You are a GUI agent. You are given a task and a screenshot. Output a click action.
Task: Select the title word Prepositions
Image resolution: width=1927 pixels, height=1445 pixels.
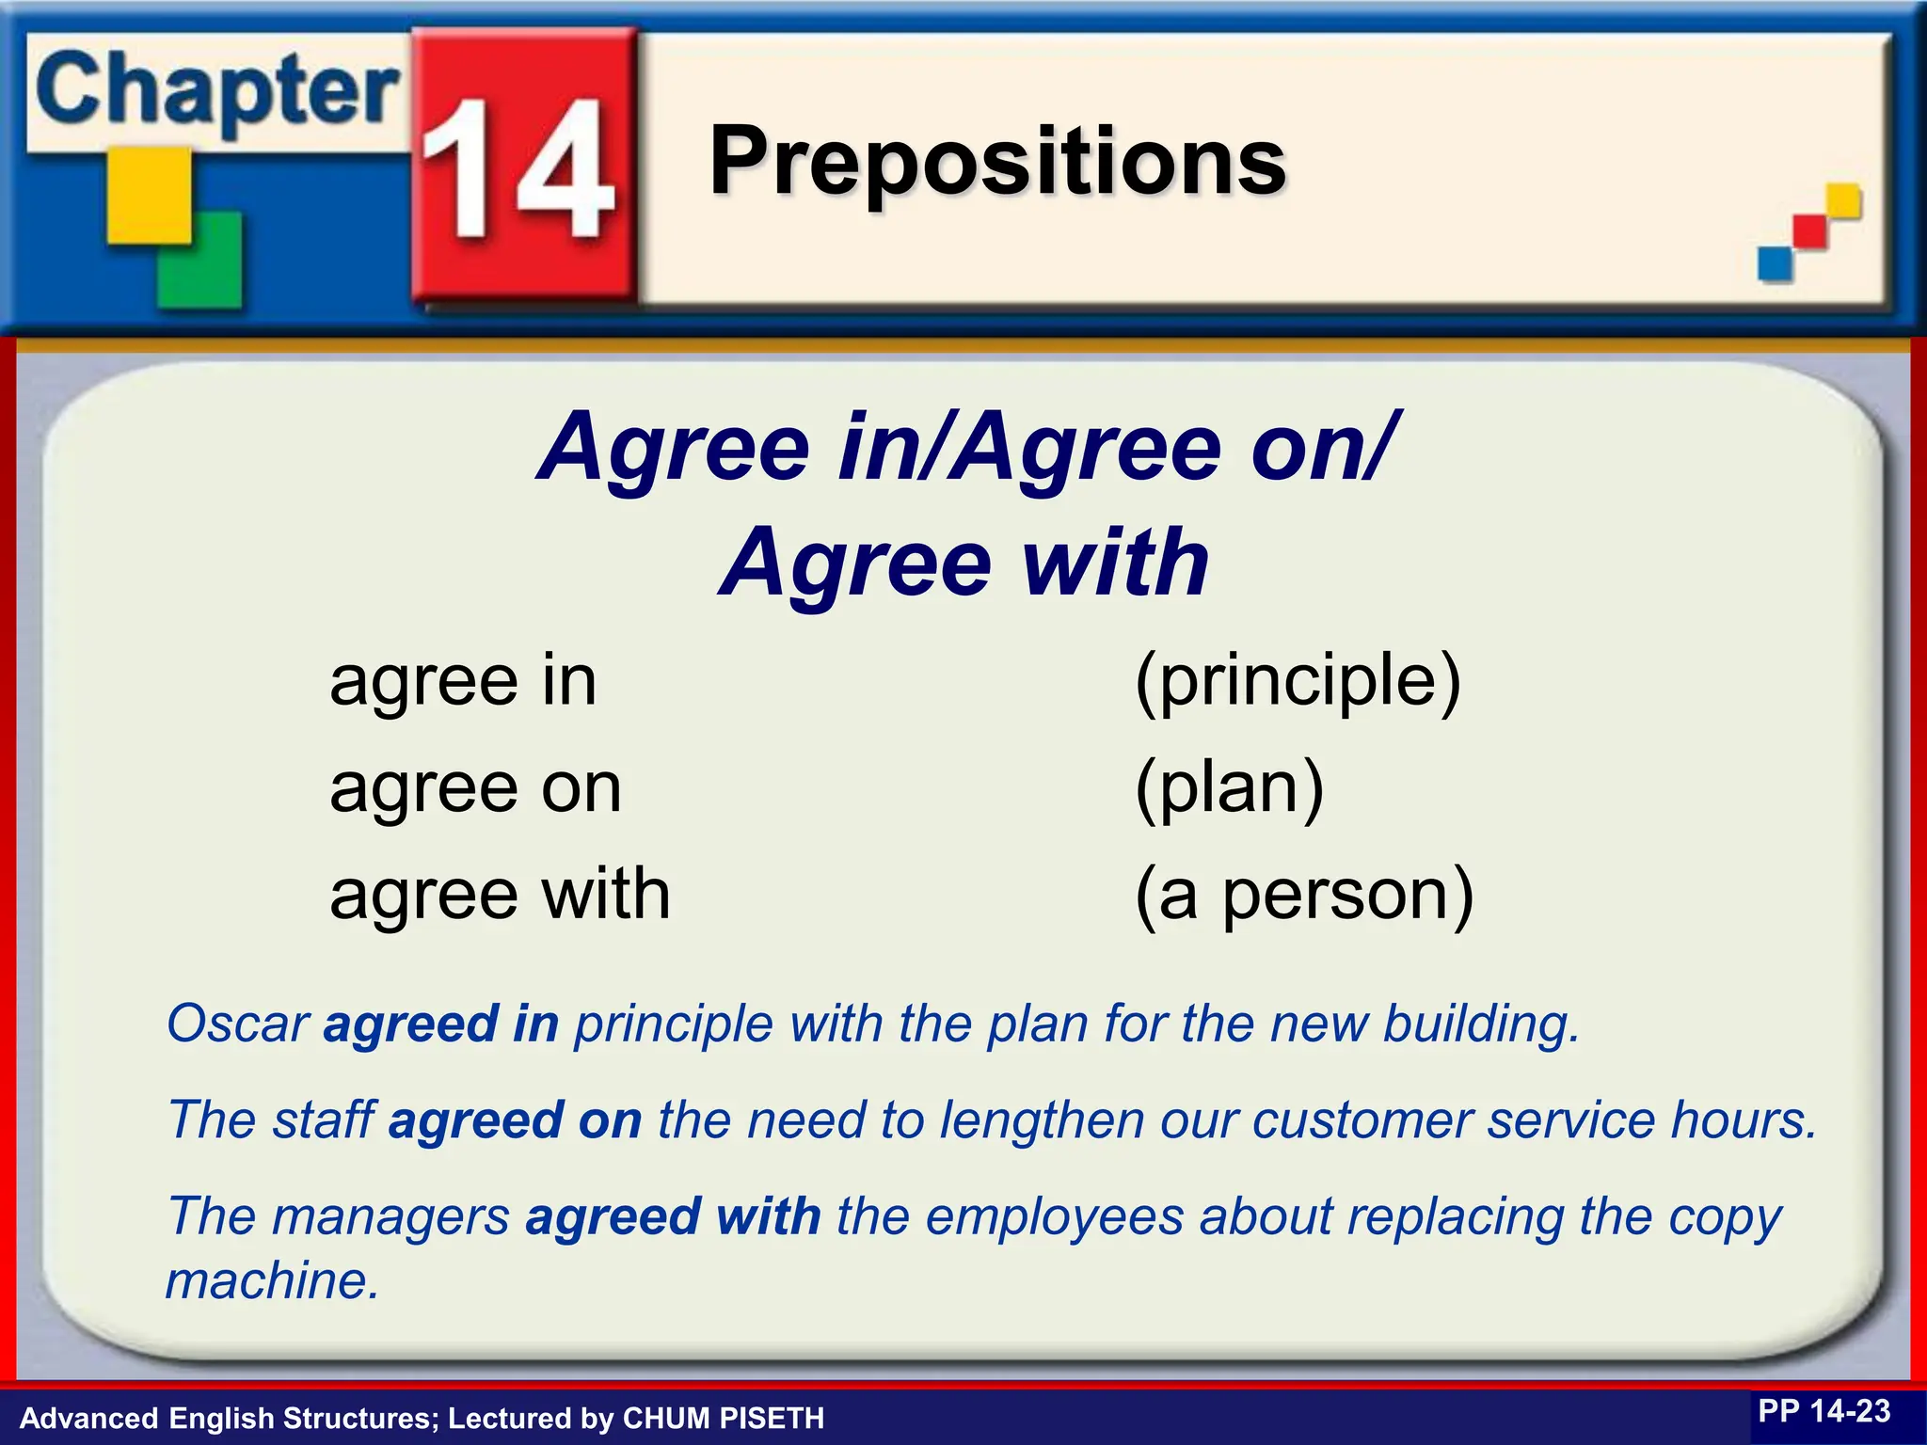coord(997,162)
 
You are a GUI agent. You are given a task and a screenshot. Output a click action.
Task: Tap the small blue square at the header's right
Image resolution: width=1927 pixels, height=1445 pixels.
coord(1775,262)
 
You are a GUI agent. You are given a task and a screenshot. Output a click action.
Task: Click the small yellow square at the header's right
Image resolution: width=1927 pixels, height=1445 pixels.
coord(1843,200)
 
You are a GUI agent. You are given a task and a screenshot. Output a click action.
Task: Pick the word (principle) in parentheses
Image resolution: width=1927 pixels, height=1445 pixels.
coord(1298,681)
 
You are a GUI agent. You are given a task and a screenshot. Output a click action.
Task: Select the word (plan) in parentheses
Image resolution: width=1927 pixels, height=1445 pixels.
coord(1230,788)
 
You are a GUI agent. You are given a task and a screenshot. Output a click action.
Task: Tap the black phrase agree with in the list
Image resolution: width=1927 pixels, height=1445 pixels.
coord(500,894)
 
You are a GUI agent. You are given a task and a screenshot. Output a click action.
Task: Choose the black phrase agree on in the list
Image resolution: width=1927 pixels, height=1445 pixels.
coord(475,788)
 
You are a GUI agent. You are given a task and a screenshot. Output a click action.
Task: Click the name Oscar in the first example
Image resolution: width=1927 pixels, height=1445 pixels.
coord(238,1024)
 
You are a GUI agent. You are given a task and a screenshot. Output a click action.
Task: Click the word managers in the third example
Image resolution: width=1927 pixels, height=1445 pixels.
coord(390,1217)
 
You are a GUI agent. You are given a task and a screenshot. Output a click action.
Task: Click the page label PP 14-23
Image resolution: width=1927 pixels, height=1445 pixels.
coord(1823,1411)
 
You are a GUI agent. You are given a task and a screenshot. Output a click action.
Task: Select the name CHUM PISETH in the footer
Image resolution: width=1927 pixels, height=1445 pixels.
coord(724,1418)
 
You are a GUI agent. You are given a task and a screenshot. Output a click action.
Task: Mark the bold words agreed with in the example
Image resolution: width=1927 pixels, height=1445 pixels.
coord(673,1216)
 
